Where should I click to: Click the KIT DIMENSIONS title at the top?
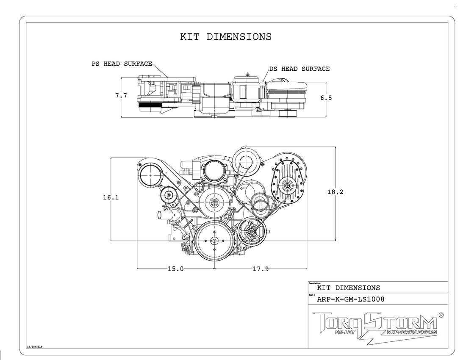(226, 36)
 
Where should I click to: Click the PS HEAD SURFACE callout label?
(122, 64)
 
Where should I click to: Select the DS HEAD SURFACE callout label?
(299, 69)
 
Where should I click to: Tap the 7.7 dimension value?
(121, 96)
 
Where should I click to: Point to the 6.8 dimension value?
(326, 97)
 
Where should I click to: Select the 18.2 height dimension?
(335, 192)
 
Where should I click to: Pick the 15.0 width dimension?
(175, 269)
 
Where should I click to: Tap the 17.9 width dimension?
(261, 269)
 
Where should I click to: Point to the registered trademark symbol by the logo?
(441, 315)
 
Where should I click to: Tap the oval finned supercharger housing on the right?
(288, 184)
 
